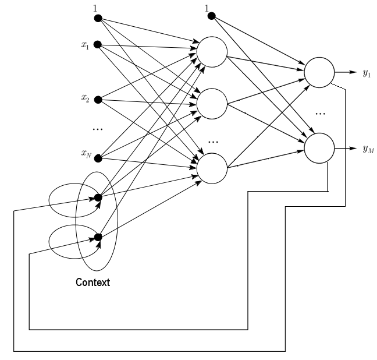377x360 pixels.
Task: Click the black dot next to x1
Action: click(x=98, y=44)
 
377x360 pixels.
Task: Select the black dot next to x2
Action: click(x=98, y=99)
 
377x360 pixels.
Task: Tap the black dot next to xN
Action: click(x=98, y=156)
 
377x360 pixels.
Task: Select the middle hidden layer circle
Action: click(x=212, y=104)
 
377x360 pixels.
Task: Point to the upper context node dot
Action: click(x=98, y=198)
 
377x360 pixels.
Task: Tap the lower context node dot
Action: click(x=98, y=237)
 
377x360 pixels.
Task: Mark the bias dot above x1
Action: click(x=98, y=17)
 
